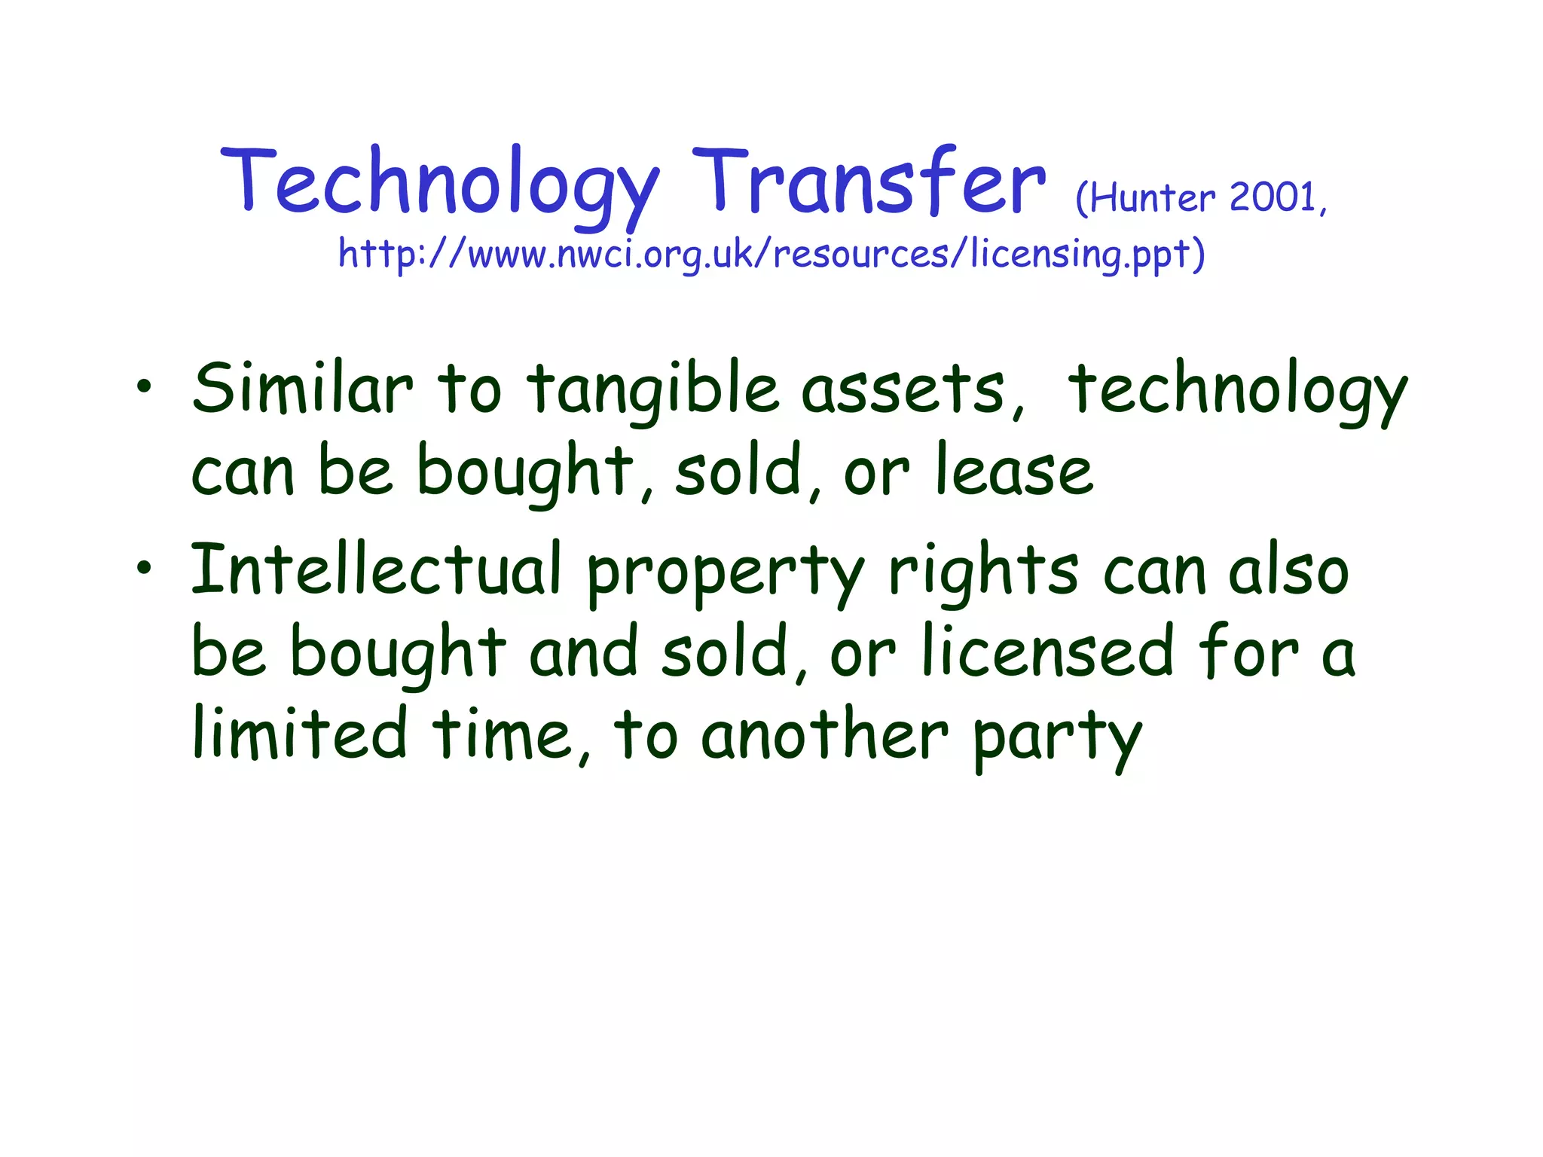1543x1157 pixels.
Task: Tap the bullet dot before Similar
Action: [143, 387]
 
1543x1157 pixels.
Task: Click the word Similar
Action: [302, 388]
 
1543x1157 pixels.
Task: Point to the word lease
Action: [1014, 472]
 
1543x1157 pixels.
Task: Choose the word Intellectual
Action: [376, 569]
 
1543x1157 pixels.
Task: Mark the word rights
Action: [983, 572]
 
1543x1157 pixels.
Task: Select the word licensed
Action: [1048, 652]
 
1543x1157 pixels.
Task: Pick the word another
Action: [824, 734]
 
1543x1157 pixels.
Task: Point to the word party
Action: [1058, 738]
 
